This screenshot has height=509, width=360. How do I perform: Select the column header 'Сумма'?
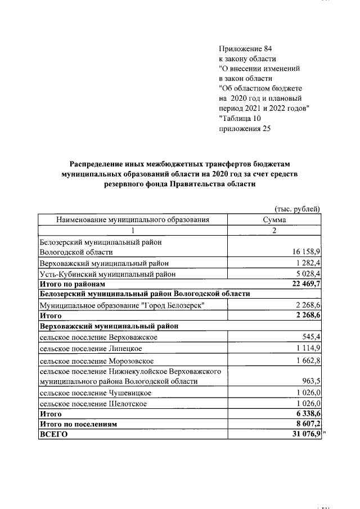pyautogui.click(x=274, y=220)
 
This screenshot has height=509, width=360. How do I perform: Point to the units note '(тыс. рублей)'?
pyautogui.click(x=298, y=209)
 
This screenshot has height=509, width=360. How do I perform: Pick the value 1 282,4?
pyautogui.click(x=308, y=263)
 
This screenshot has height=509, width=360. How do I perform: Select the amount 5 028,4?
pyautogui.click(x=307, y=274)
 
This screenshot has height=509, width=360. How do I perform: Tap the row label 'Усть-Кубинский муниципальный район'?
pyautogui.click(x=107, y=274)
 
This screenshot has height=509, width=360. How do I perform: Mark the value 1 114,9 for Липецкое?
pyautogui.click(x=308, y=349)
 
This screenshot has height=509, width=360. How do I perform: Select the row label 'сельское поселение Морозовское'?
pyautogui.click(x=97, y=361)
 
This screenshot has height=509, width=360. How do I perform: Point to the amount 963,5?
pyautogui.click(x=311, y=381)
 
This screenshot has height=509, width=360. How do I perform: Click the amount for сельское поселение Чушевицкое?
pyautogui.click(x=308, y=393)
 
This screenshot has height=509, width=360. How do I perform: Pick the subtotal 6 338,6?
pyautogui.click(x=307, y=414)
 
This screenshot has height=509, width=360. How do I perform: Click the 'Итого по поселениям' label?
pyautogui.click(x=78, y=425)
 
